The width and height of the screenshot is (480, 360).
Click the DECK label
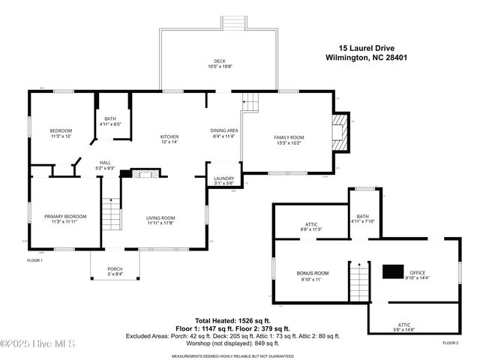point(219,61)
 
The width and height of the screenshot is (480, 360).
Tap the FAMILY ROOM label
point(288,137)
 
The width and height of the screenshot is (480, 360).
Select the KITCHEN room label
point(169,136)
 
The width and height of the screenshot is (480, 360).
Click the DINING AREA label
point(223,130)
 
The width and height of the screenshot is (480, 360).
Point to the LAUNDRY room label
point(223,178)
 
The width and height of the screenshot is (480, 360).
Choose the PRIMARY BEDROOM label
point(64,217)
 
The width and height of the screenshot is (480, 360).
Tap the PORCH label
point(115,268)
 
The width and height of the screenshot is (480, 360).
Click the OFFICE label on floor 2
point(417,272)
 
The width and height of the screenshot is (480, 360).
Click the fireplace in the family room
point(341,133)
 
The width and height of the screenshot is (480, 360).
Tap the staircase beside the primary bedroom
point(111,214)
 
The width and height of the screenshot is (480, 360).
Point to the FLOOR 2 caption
point(450,342)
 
